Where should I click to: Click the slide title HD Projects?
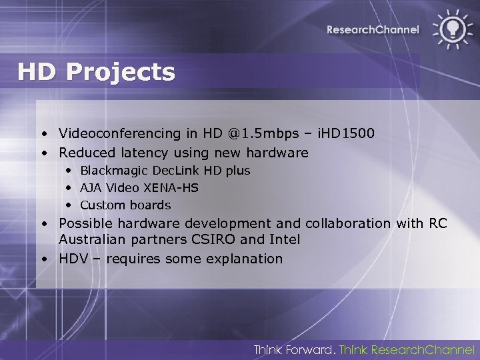(x=96, y=72)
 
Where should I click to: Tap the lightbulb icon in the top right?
(x=451, y=28)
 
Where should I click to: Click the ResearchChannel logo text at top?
(x=373, y=29)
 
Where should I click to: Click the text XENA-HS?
(x=175, y=188)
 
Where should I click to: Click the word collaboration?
(x=349, y=223)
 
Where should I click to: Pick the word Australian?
(x=90, y=239)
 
